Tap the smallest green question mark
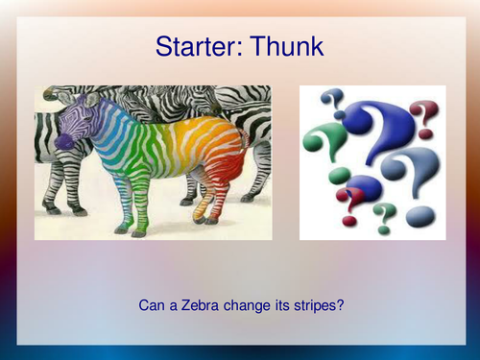[384, 215]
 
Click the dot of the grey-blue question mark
[420, 216]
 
